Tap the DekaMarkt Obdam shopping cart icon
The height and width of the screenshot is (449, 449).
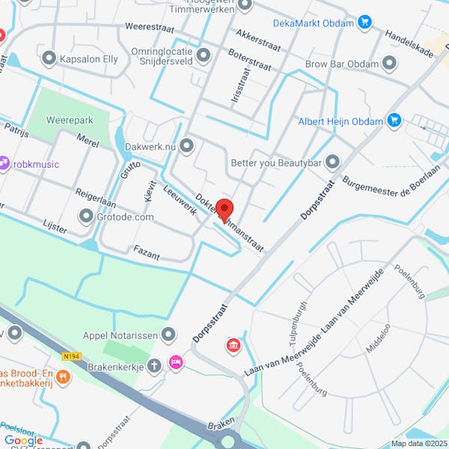[364, 22]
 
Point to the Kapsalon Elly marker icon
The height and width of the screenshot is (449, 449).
[50, 57]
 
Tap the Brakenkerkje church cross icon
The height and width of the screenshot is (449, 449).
[154, 366]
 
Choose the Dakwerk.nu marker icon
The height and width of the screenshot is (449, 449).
[186, 146]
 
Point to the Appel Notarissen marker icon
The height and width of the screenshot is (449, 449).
[169, 335]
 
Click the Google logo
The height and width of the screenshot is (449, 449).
[22, 440]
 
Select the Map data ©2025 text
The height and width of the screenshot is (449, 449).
[418, 443]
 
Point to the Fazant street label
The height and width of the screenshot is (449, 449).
[147, 251]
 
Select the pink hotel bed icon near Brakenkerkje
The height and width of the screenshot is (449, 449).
[176, 362]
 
